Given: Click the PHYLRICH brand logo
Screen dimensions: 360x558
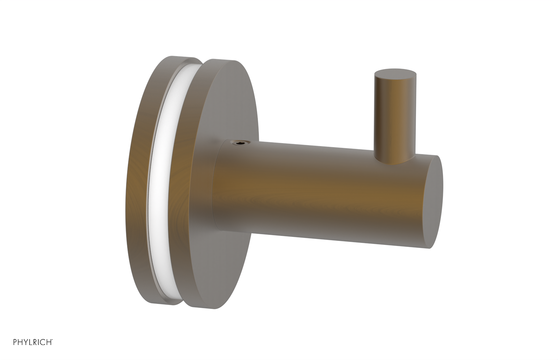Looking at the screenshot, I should (x=33, y=342).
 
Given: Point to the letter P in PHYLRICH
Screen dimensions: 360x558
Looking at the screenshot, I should (x=15, y=342).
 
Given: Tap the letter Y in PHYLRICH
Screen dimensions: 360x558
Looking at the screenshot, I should (x=26, y=342).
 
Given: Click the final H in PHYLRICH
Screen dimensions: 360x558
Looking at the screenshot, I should (x=49, y=342).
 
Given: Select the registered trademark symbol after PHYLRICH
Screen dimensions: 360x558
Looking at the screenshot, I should (x=52, y=340).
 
